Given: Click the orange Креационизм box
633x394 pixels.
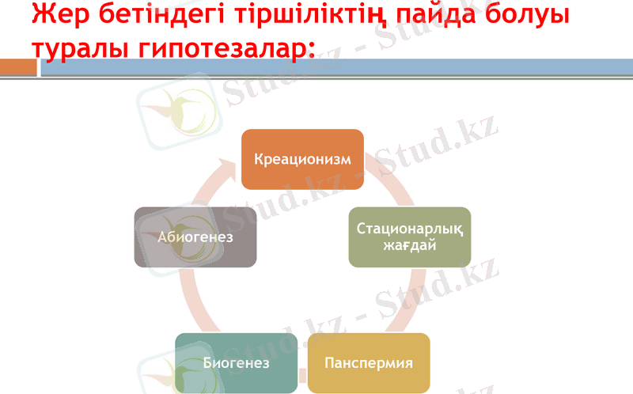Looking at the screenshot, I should (x=302, y=159).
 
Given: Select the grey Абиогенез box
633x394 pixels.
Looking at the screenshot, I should (x=195, y=237).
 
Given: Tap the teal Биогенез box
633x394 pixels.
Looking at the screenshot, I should (x=236, y=363).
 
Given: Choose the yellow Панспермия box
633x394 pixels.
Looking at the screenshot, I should (x=369, y=363).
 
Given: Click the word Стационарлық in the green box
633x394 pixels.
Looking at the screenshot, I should (x=409, y=229).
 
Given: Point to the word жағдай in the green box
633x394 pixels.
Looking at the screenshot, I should (x=409, y=245).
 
